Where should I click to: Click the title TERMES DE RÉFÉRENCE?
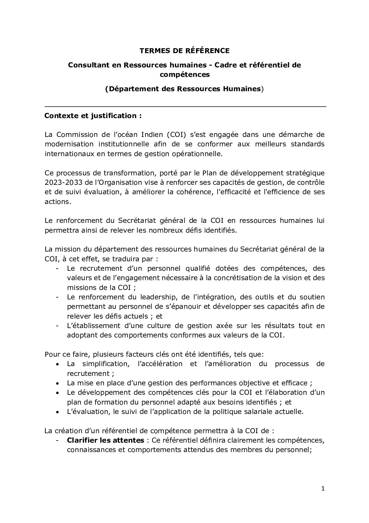[184, 51]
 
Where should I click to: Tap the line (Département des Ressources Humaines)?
[184, 89]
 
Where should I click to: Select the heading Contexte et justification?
[93, 116]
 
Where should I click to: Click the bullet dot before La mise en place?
[57, 383]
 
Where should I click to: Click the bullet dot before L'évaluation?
[57, 412]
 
